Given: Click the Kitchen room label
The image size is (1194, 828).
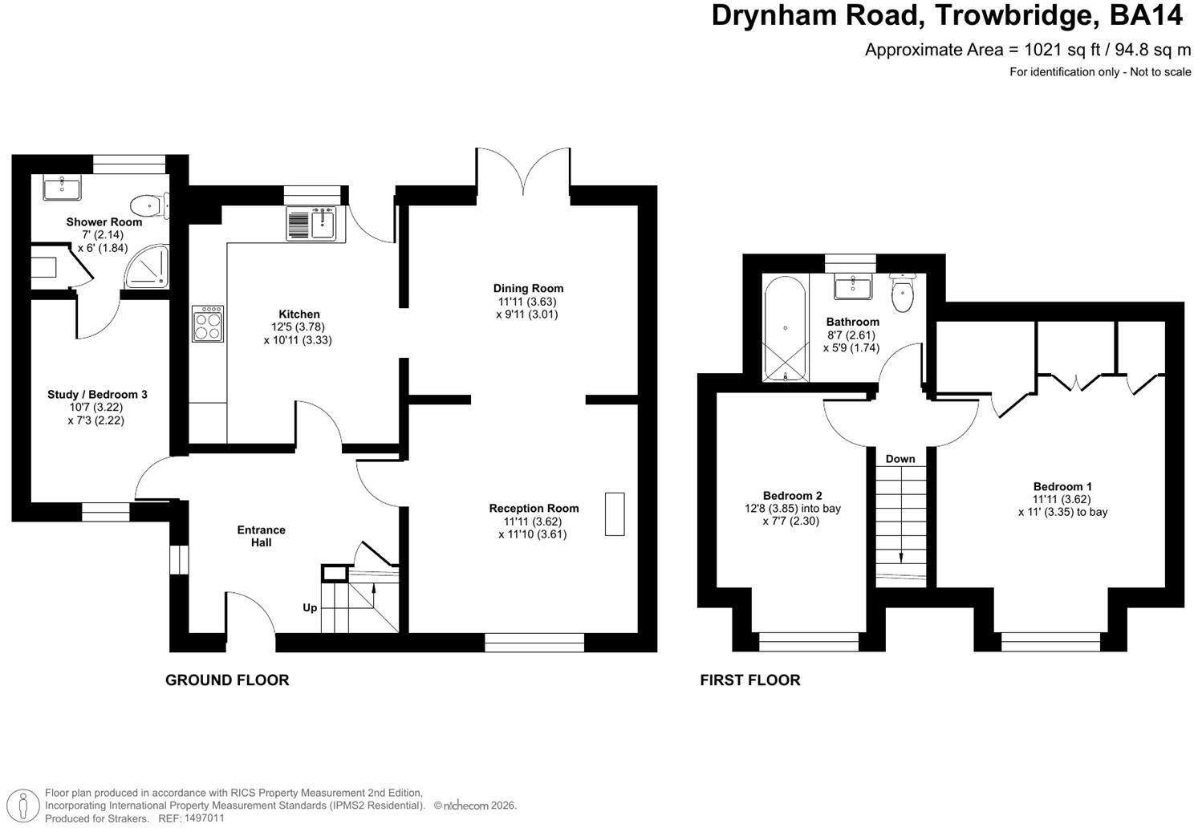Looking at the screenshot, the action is tap(299, 314).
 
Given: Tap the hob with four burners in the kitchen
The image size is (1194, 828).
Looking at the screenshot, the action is tap(207, 323).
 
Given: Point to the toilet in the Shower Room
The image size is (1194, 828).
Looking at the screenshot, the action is tap(150, 205).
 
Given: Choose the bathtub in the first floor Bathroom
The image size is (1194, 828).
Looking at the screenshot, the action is tap(785, 329).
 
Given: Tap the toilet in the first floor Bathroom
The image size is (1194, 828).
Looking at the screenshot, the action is tap(901, 293).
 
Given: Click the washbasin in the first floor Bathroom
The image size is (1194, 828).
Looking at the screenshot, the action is tap(853, 287).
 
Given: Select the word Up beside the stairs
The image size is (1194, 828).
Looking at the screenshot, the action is tap(310, 607).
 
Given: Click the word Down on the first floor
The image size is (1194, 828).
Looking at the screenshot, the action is tap(900, 459).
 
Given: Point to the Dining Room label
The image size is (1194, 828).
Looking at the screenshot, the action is tap(528, 288).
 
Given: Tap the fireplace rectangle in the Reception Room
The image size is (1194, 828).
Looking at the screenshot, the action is tap(615, 513).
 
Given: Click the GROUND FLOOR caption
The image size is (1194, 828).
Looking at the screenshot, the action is tap(227, 680).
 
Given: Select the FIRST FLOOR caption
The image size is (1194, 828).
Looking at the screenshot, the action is tap(750, 680).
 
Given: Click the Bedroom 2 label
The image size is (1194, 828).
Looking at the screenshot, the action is tap(793, 496).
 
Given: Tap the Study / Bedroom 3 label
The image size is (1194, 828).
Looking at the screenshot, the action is tap(97, 394).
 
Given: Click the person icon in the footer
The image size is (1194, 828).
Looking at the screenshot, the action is tap(23, 805).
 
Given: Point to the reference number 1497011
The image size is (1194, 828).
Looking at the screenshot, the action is tap(204, 818).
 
